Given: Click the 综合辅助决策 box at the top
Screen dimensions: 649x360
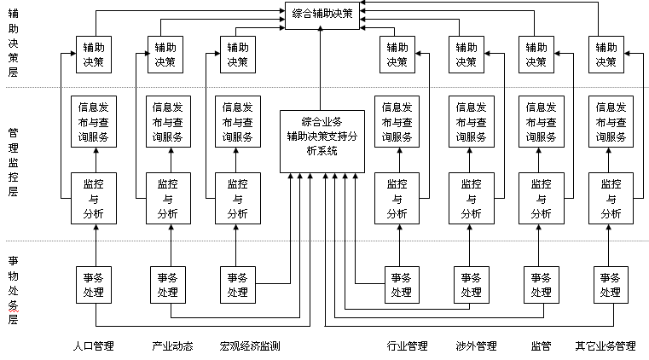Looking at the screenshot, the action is pyautogui.click(x=322, y=15).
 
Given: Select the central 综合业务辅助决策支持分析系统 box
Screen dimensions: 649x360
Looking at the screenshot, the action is pyautogui.click(x=322, y=142).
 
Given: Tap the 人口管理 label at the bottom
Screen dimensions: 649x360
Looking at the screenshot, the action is pyautogui.click(x=94, y=346).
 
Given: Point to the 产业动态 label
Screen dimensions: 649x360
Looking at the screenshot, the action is pyautogui.click(x=172, y=346).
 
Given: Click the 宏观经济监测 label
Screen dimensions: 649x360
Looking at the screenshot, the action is pyautogui.click(x=250, y=346).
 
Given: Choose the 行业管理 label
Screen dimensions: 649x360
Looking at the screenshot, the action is pyautogui.click(x=408, y=346).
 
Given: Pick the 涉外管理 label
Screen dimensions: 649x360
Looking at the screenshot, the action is pyautogui.click(x=477, y=346).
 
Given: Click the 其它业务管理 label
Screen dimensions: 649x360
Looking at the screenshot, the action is pyautogui.click(x=606, y=346).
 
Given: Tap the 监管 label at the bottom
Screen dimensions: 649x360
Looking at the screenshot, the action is pyautogui.click(x=541, y=346).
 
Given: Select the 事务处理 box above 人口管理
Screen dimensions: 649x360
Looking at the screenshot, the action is pyautogui.click(x=94, y=285).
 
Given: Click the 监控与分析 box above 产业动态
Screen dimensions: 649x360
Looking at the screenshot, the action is pyautogui.click(x=168, y=199).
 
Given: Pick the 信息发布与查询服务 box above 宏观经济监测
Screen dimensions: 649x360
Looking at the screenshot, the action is pyautogui.click(x=238, y=122).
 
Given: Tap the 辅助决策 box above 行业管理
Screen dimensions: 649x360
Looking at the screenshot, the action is pyautogui.click(x=397, y=55).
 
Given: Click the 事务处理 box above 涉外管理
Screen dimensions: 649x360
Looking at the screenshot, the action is pyautogui.click(x=472, y=285).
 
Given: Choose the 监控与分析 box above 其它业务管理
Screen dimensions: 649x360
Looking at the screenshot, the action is pyautogui.click(x=611, y=199).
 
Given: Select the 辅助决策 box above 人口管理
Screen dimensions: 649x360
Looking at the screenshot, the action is pyautogui.click(x=94, y=55).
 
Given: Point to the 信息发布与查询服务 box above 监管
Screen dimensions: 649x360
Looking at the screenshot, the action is pyautogui.click(x=541, y=122).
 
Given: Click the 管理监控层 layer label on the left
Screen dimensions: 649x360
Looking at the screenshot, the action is pyautogui.click(x=14, y=162).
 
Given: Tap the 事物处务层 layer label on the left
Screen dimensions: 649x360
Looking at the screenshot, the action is pyautogui.click(x=14, y=290).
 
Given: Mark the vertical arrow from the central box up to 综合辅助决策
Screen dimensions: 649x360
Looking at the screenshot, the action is pyautogui.click(x=320, y=68).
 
